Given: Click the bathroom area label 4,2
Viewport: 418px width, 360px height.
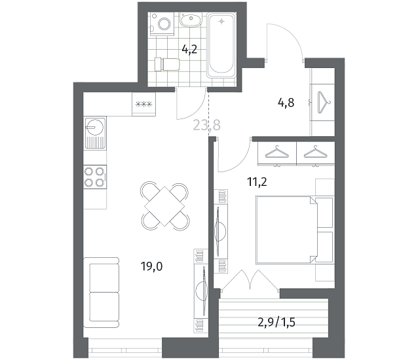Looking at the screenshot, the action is pos(189,49).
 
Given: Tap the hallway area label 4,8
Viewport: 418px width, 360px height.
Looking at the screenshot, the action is pos(286,103).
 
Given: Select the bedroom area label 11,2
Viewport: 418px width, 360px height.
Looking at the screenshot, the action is pos(257,182).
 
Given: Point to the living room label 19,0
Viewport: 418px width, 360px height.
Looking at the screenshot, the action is pos(151,266).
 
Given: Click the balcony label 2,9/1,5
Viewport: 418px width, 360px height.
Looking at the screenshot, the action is pos(276,323).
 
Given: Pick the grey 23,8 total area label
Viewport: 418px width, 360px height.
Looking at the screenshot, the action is pos(206,125).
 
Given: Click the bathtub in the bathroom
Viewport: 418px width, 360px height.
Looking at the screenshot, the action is pos(221,45).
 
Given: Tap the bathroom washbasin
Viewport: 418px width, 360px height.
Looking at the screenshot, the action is pos(191,20).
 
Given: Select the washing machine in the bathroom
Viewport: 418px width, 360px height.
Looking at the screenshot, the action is pos(162,24).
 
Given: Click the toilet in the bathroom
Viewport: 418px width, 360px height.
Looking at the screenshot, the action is pos(167,64).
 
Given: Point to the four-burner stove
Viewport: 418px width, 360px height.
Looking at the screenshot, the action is pos(95,177).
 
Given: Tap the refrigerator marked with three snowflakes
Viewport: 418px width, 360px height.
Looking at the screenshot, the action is pos(143,104).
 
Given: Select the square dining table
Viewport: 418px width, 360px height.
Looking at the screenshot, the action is pos(164,206).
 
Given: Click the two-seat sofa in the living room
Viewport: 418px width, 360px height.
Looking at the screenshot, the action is pos(102,293).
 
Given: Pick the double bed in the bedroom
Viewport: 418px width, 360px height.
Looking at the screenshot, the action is pos(295,230).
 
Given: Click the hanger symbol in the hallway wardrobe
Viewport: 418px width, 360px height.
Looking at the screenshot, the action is pos(324,102).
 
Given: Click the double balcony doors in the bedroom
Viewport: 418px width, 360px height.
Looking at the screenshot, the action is pos(250,279).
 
